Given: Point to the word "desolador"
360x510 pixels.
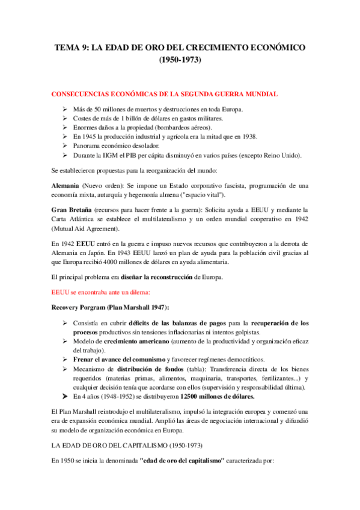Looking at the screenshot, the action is point(141,146).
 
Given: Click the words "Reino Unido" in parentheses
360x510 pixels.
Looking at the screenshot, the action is point(282,156).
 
